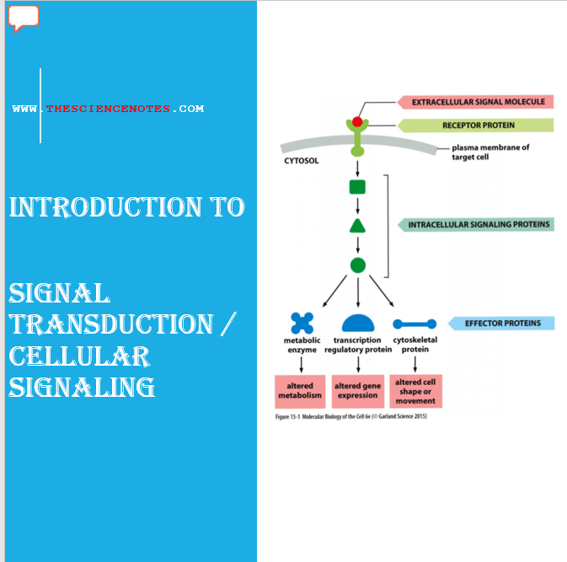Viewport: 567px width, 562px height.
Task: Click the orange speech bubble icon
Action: click(24, 17)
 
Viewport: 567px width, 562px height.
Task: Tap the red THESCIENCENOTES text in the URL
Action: click(108, 109)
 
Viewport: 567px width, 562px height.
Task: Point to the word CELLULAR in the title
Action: click(79, 356)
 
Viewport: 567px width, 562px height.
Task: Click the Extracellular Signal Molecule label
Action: click(476, 102)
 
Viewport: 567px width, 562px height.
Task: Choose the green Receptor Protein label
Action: click(478, 126)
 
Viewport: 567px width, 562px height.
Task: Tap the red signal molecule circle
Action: click(357, 122)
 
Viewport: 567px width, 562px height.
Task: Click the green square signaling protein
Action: click(357, 187)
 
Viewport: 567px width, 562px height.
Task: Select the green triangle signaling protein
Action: click(357, 226)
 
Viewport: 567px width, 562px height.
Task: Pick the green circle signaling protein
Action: click(357, 265)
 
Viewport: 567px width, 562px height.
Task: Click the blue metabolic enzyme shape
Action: click(302, 323)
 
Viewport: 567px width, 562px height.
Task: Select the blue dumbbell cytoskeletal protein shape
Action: click(415, 323)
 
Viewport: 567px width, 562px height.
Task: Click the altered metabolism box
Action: click(301, 391)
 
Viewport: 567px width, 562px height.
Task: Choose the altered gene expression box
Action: click(358, 391)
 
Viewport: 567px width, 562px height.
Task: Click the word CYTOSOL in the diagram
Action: click(301, 158)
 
